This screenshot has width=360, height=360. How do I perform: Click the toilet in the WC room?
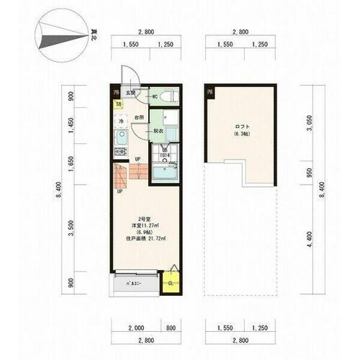click(166, 96)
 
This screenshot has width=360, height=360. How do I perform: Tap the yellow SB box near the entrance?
click(117, 104)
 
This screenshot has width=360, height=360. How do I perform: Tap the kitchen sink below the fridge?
click(121, 136)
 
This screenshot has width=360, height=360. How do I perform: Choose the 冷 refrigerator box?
click(121, 121)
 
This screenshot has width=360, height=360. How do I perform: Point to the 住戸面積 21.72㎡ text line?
click(147, 238)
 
